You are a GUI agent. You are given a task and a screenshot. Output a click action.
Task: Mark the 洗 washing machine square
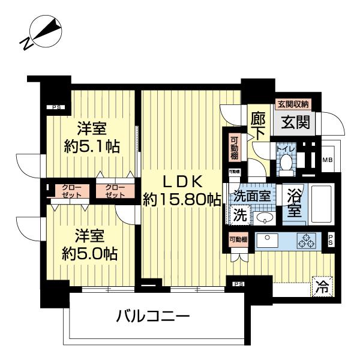[239, 214]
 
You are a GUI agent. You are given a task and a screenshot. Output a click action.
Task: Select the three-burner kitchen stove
[308, 241]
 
